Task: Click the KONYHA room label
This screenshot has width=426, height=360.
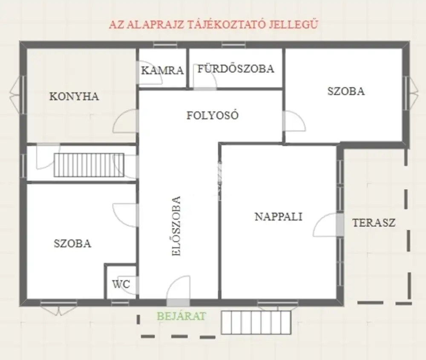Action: tap(74, 96)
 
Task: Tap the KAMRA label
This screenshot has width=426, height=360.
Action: tap(162, 71)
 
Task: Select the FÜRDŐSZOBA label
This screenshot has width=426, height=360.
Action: tap(236, 69)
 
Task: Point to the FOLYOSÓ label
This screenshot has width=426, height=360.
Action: tap(213, 115)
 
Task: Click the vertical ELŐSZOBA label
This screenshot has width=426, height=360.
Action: tap(176, 226)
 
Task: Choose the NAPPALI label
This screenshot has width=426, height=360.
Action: tap(279, 216)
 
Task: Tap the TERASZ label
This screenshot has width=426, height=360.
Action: tap(374, 223)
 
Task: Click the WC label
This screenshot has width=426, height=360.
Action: tap(121, 284)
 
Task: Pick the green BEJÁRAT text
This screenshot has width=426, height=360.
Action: tap(181, 316)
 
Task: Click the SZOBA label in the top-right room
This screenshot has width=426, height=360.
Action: tap(346, 91)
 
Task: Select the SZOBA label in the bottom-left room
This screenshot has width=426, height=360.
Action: tap(72, 243)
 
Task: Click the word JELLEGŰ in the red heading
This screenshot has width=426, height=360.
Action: tap(294, 24)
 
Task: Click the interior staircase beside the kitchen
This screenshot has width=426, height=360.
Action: tap(89, 165)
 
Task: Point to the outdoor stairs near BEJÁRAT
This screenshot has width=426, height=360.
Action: tap(256, 323)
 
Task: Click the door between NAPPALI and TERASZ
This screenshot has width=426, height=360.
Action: tap(340, 225)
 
